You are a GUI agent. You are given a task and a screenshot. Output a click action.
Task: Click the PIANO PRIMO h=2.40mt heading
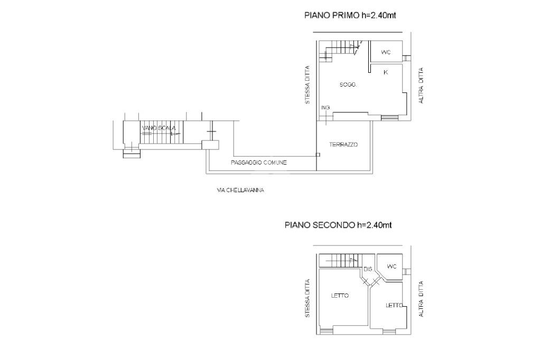(350, 15)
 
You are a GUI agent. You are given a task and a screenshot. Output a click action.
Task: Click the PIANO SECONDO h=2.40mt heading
(338, 225)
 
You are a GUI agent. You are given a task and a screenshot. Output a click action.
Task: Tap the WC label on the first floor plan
(386, 52)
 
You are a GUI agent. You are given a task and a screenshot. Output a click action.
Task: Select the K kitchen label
(386, 72)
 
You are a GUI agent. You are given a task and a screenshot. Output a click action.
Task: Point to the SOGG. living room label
(348, 84)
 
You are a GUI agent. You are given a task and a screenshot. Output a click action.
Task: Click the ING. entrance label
(325, 108)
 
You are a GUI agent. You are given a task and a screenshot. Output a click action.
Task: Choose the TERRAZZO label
(343, 145)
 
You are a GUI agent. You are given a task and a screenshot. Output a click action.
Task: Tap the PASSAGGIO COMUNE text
(259, 163)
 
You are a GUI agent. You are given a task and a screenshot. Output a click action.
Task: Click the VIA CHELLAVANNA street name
(240, 190)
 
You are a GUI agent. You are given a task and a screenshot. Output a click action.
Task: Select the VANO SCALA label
(158, 128)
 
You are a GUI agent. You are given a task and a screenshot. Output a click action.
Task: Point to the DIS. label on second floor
(368, 269)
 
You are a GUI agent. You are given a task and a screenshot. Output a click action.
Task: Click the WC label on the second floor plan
(391, 267)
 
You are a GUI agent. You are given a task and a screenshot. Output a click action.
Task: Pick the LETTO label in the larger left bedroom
(340, 296)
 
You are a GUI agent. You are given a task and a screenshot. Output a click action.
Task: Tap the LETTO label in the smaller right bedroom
(394, 305)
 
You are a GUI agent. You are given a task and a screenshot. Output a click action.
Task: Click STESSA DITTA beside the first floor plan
(307, 85)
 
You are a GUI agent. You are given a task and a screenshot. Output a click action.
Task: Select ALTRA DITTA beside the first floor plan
(421, 86)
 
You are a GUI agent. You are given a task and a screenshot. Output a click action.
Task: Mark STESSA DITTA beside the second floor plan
(307, 298)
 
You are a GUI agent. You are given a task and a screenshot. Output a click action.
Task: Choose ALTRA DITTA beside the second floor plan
(421, 299)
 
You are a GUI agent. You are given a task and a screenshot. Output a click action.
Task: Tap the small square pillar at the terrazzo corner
(318, 155)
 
